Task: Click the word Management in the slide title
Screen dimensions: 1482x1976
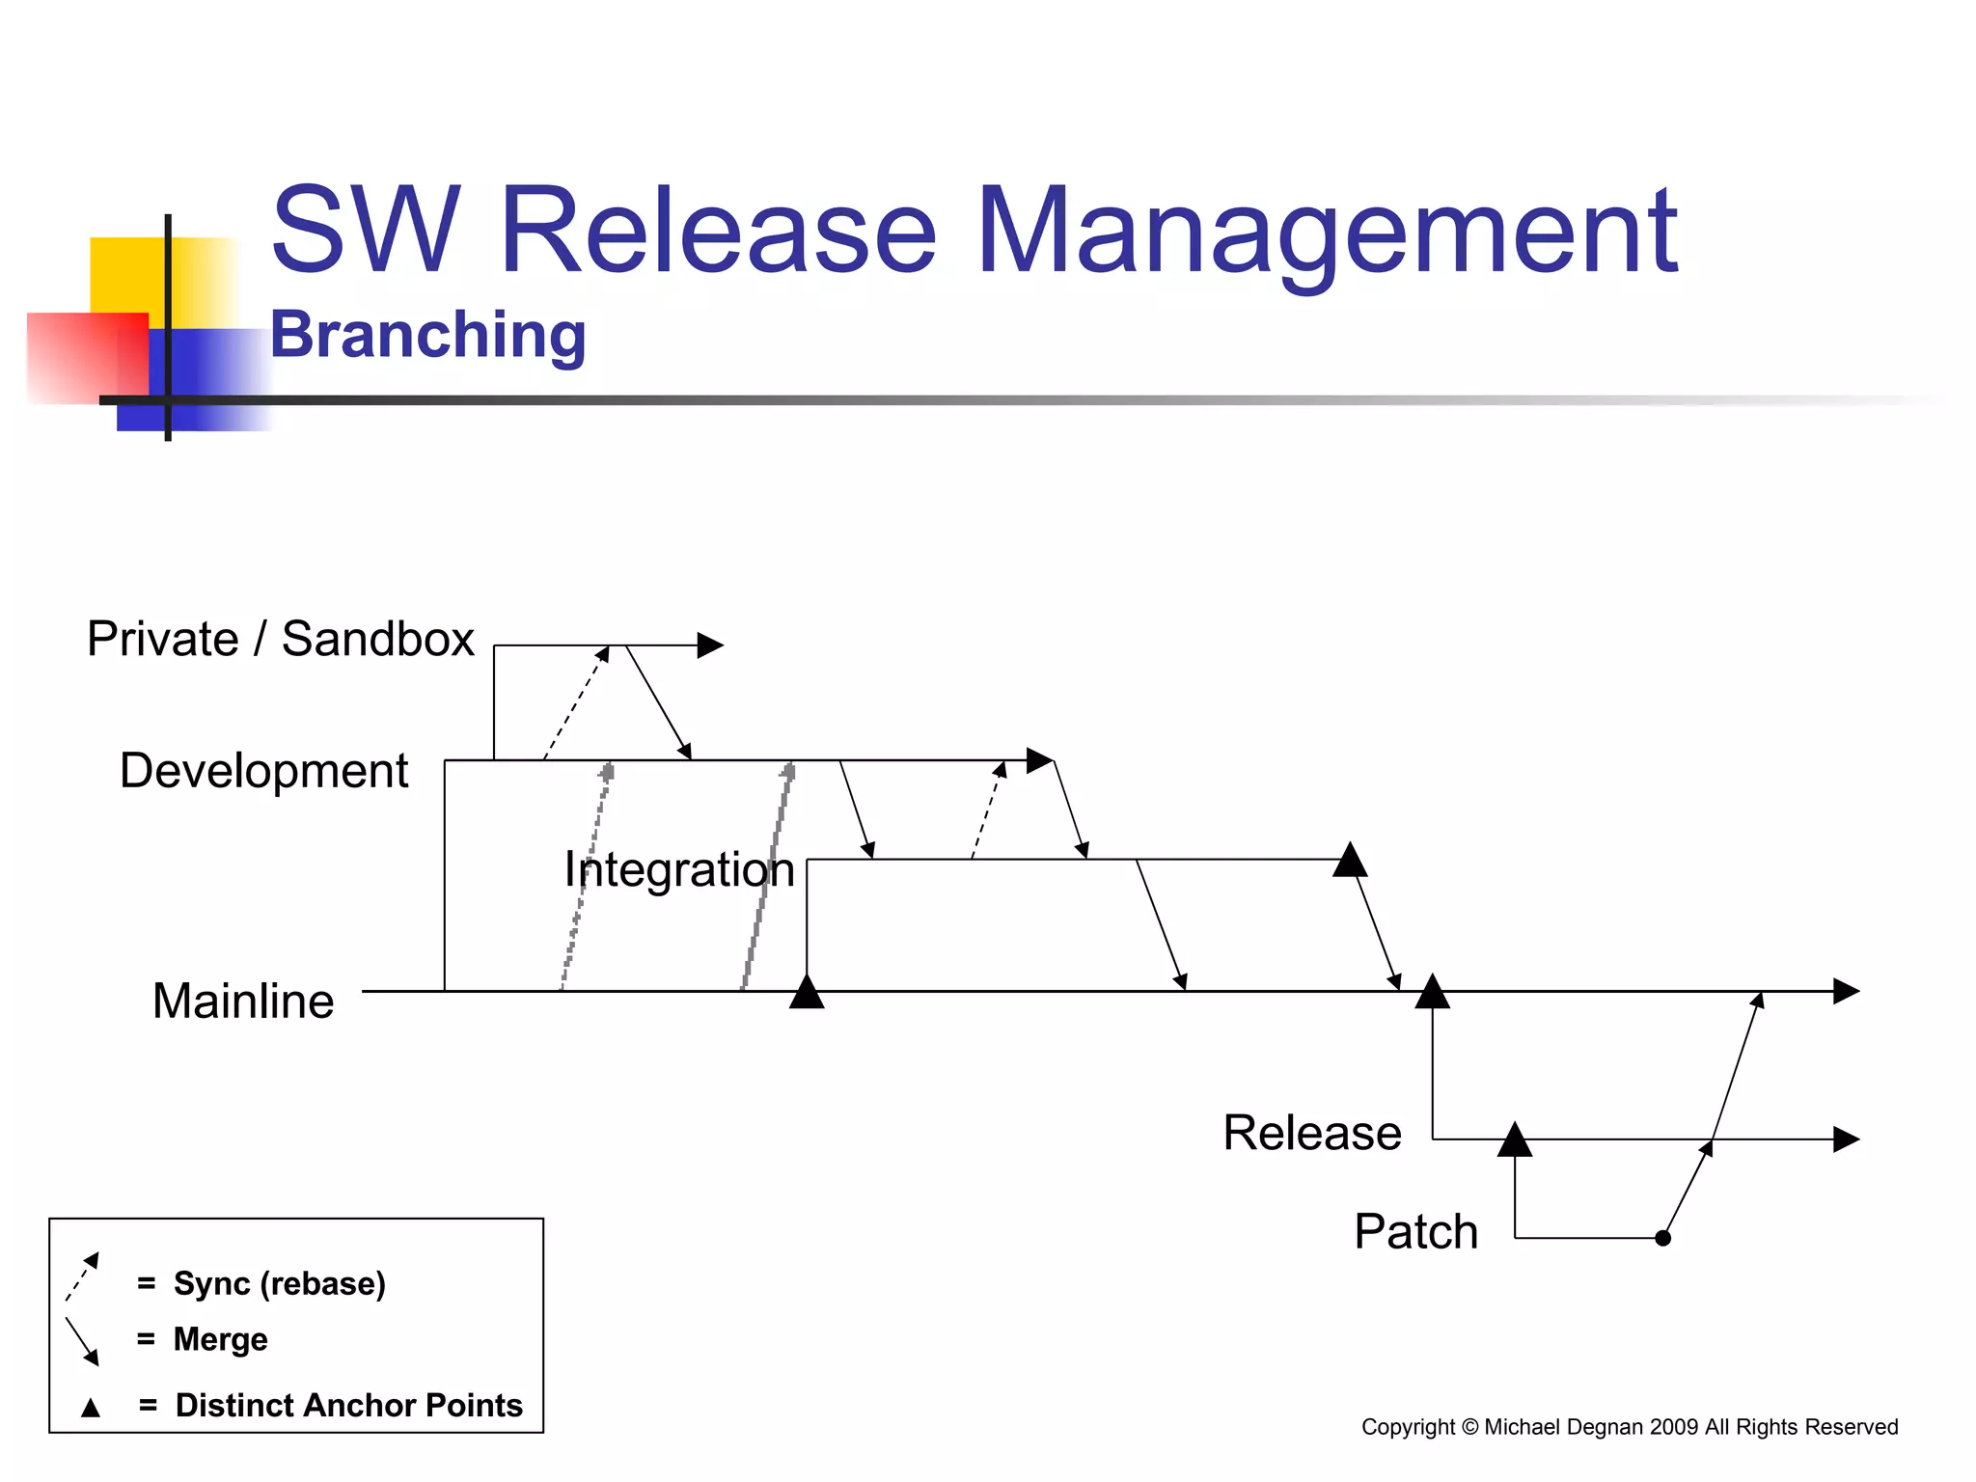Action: pyautogui.click(x=1327, y=232)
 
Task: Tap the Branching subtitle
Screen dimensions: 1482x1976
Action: pyautogui.click(x=427, y=335)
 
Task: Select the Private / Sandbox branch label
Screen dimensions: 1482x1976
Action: pyautogui.click(x=281, y=639)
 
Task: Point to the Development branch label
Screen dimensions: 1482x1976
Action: pyautogui.click(x=263, y=771)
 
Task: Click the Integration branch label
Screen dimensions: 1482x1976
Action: pyautogui.click(x=679, y=869)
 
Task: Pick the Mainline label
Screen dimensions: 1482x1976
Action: pyautogui.click(x=243, y=1001)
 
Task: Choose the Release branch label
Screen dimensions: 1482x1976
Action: pyautogui.click(x=1312, y=1133)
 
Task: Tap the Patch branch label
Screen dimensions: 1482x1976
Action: pyautogui.click(x=1415, y=1232)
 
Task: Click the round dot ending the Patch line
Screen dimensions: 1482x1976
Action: pyautogui.click(x=1662, y=1238)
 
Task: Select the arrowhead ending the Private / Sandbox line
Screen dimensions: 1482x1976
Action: pyautogui.click(x=711, y=645)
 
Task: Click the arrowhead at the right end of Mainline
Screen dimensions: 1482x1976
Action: pyautogui.click(x=1846, y=991)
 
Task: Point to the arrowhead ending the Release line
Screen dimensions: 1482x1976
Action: pyautogui.click(x=1846, y=1139)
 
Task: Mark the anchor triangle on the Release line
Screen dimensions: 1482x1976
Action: pyautogui.click(x=1515, y=1141)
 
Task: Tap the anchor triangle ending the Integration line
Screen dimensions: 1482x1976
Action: pyautogui.click(x=1350, y=861)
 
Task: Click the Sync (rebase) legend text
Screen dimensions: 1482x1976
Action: pyautogui.click(x=279, y=1284)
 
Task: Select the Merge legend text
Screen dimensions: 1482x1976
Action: pyautogui.click(x=220, y=1339)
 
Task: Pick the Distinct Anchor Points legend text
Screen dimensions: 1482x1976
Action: pyautogui.click(x=348, y=1406)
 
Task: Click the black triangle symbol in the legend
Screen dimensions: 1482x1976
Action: pyautogui.click(x=91, y=1408)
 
